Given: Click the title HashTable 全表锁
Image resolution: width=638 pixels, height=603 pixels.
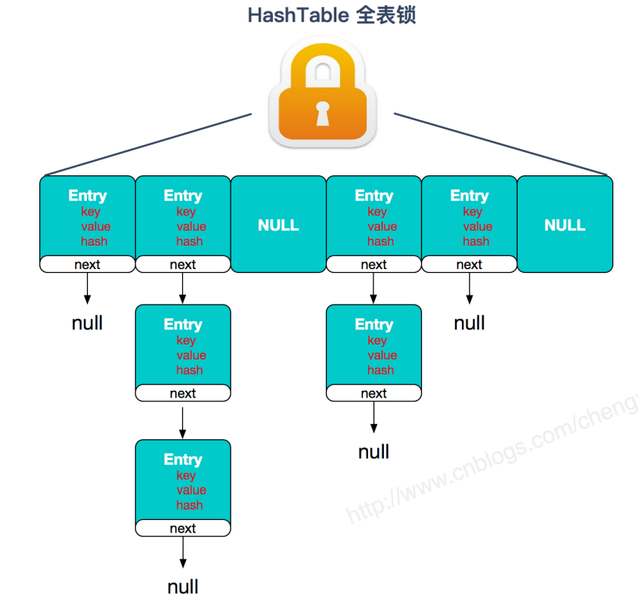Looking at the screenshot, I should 332,15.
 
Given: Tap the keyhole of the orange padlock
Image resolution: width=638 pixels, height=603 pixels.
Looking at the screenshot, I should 323,113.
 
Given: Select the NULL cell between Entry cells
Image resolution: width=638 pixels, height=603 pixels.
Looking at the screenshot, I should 278,224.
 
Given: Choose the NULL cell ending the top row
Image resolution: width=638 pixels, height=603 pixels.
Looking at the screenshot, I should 565,224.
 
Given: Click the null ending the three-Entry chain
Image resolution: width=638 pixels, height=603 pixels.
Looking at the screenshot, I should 183,586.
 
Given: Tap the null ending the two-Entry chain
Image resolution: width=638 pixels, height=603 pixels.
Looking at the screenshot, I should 373,452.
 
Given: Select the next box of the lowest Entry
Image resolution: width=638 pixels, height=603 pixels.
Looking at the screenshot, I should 183,528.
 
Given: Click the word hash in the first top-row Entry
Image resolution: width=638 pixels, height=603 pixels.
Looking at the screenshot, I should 94,242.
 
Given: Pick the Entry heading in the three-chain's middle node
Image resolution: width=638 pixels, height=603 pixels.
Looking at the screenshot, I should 183,324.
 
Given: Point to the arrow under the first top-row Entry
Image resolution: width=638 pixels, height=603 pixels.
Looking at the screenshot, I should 88,288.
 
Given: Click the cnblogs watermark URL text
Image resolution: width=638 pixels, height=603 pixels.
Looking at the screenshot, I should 491,461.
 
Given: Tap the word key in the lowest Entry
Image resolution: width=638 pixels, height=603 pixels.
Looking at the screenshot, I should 186,475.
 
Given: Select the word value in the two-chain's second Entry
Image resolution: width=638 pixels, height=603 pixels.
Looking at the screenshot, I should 382,355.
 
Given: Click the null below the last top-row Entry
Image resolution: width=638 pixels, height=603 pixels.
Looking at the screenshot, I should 469,323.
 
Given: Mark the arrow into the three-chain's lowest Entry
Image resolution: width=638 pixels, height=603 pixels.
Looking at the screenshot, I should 183,422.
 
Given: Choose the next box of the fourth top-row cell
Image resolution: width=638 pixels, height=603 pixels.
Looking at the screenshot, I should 373,264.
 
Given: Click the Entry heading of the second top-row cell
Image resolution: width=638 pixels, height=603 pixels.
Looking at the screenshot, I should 183,196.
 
